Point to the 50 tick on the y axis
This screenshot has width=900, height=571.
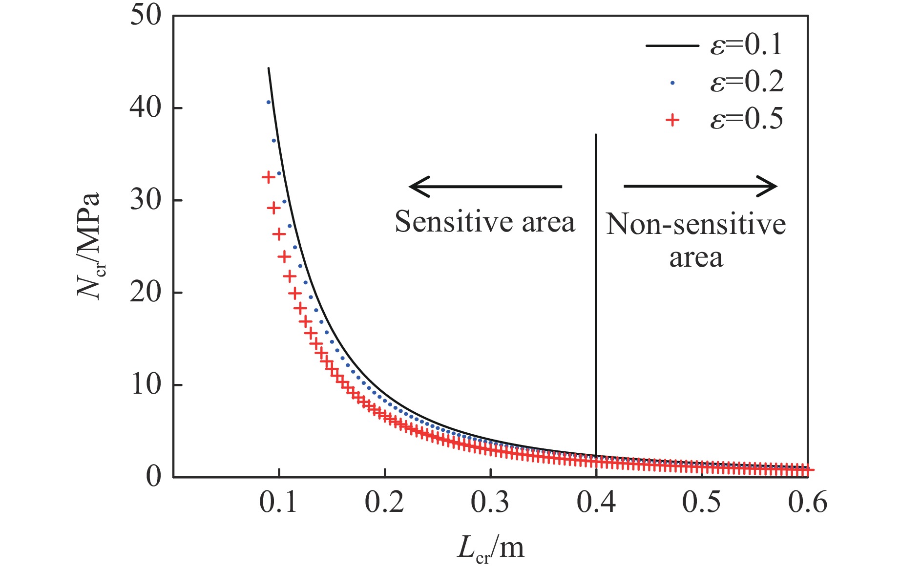(x=146, y=16)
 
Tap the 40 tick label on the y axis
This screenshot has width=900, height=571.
(x=146, y=108)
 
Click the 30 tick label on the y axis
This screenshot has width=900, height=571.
(x=146, y=200)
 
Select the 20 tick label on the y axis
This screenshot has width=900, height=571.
(x=146, y=293)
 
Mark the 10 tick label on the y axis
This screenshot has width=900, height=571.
(x=146, y=385)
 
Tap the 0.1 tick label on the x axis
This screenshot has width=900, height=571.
(x=278, y=502)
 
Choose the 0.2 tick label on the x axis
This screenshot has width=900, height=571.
(x=384, y=502)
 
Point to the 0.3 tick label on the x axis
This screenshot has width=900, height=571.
(x=490, y=502)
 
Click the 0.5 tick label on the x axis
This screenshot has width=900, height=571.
(x=702, y=502)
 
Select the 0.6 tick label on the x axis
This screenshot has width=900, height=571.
(x=808, y=502)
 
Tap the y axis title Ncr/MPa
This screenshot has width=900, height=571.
(x=90, y=246)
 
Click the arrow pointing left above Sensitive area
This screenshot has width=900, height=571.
(x=485, y=186)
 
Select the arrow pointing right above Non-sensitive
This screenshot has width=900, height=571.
(x=700, y=186)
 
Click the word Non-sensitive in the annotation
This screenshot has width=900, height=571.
(x=696, y=225)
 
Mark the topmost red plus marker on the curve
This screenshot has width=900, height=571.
(x=268, y=177)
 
